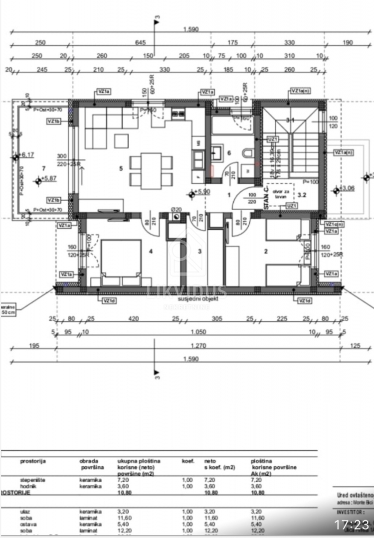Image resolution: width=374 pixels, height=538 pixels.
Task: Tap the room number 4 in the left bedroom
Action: coord(151,252)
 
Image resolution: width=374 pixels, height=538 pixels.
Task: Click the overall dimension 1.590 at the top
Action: coord(190,29)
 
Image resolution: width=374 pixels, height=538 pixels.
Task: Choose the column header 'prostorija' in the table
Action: coord(33,461)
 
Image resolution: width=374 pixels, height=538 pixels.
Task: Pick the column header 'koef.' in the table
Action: coord(187,461)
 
